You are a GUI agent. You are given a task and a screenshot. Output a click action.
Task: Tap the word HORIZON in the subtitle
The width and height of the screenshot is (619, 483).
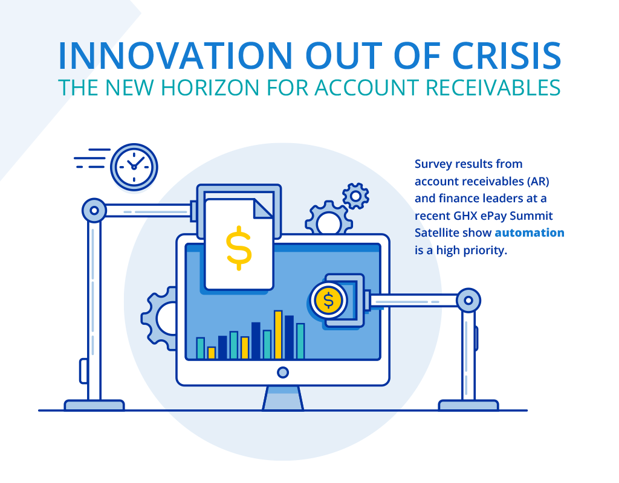click(x=210, y=88)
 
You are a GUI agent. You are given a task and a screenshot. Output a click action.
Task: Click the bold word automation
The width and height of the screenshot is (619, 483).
click(x=530, y=232)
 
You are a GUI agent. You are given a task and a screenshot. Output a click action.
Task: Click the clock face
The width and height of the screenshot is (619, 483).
click(x=134, y=167)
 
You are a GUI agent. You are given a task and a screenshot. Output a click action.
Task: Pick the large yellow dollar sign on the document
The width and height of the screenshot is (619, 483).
click(x=239, y=248)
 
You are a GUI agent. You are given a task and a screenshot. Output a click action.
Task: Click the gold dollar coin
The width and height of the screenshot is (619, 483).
click(x=328, y=301)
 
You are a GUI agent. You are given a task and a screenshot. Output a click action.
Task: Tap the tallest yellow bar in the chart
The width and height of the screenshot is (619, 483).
click(x=278, y=334)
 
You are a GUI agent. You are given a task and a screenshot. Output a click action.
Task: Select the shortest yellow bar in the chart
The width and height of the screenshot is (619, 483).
click(x=211, y=353)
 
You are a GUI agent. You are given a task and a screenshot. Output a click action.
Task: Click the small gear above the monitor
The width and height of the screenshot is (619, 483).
click(x=355, y=196)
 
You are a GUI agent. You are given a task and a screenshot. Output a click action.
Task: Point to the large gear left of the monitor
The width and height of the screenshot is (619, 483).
click(x=152, y=319)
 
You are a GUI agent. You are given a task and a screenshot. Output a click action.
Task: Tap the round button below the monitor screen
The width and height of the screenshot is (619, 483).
click(x=283, y=372)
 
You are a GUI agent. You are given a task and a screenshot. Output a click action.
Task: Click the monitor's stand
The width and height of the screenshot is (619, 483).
click(x=283, y=398)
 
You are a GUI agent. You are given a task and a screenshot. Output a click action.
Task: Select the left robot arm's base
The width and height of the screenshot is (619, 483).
click(x=94, y=405)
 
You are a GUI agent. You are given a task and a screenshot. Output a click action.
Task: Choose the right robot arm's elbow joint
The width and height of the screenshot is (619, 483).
click(x=468, y=301)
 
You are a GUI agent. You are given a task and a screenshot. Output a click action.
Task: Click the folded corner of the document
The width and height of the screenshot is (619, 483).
click(x=262, y=208)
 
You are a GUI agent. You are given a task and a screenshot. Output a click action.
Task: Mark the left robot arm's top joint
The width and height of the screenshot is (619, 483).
click(x=94, y=211)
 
